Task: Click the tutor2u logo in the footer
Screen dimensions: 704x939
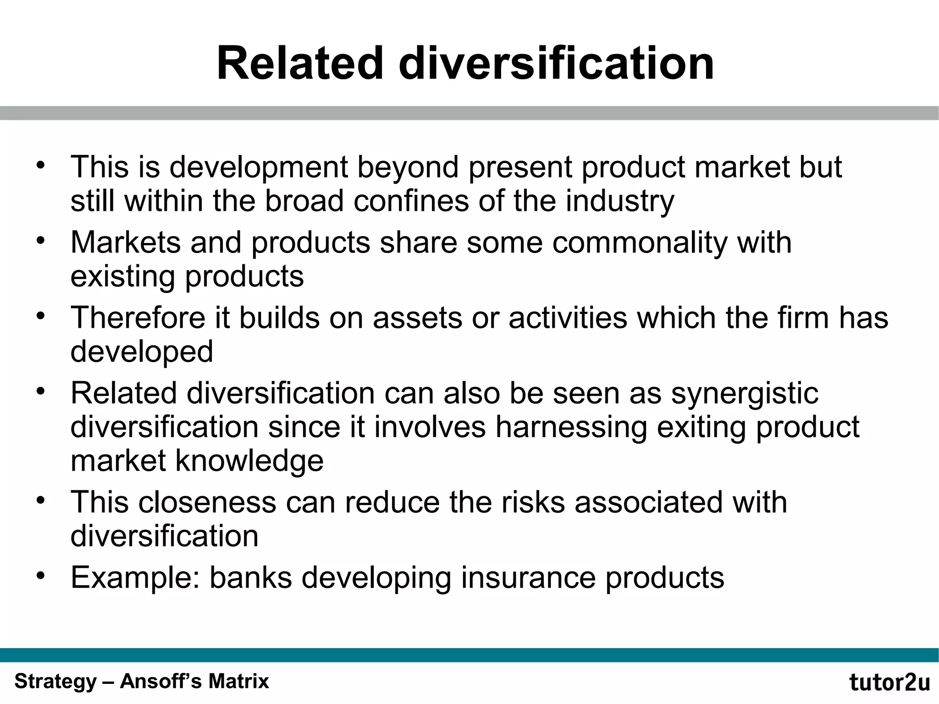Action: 889,682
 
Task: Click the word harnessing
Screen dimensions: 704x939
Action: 571,427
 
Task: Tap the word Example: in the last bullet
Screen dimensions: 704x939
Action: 135,577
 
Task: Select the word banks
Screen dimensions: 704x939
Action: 251,577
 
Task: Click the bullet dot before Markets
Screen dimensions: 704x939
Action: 41,240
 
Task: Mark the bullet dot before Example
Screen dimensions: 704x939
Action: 41,575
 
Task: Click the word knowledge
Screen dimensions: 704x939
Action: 249,461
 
